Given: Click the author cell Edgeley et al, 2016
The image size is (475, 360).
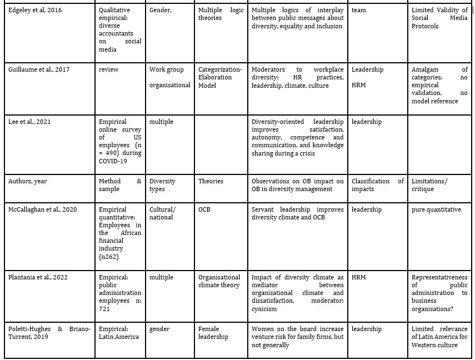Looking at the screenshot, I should (35, 10).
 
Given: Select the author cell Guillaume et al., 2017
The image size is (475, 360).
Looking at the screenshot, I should (39, 69).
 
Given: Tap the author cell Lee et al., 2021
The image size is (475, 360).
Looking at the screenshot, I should (29, 122).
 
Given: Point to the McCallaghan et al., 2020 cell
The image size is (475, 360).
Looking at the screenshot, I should (43, 209).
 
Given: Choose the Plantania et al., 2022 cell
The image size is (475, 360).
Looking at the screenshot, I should (38, 277).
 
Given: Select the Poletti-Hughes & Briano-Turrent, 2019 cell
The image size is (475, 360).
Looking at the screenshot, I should (49, 333).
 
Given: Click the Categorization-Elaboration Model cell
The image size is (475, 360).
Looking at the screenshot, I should (220, 77).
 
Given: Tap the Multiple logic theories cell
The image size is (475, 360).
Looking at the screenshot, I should (221, 14).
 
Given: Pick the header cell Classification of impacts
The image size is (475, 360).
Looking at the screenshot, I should (377, 185).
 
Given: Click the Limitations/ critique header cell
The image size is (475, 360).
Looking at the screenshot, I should (429, 185).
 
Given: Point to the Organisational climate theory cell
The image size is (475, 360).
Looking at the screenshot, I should (219, 281).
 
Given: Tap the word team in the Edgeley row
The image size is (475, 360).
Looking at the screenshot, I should (359, 10).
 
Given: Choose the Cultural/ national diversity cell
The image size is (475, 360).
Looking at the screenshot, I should (162, 213).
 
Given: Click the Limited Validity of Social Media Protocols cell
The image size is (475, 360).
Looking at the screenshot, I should (439, 18).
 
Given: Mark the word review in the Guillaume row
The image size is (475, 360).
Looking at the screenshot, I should (108, 69).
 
